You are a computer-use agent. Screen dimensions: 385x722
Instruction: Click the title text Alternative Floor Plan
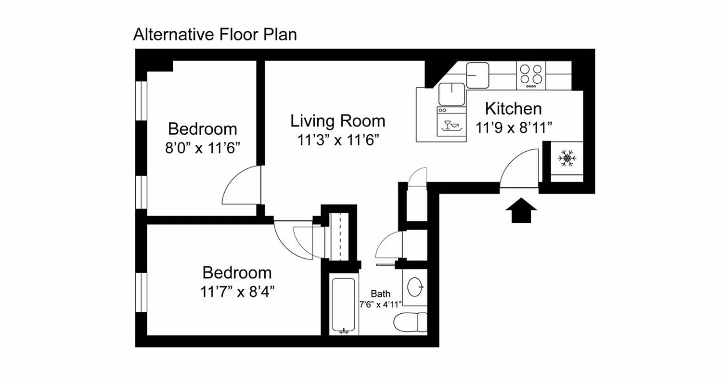(x=215, y=35)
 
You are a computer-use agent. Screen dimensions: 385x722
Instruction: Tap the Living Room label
(x=337, y=121)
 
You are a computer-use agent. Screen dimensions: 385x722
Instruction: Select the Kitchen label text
(x=513, y=109)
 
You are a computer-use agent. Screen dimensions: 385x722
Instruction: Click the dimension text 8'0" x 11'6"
(x=203, y=147)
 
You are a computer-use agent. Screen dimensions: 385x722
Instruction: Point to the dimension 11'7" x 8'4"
(x=237, y=291)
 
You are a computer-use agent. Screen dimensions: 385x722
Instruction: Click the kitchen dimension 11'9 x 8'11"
(x=514, y=128)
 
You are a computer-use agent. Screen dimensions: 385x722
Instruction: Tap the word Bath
(x=380, y=294)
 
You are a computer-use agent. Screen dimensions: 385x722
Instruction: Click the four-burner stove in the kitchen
(x=531, y=76)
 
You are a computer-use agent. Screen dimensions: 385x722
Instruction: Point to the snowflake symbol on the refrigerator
(x=567, y=158)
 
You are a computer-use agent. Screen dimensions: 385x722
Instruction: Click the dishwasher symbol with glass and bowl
(x=451, y=125)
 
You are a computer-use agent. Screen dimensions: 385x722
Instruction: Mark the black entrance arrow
(x=521, y=212)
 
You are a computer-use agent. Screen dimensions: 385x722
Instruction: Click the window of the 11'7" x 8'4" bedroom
(x=141, y=292)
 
